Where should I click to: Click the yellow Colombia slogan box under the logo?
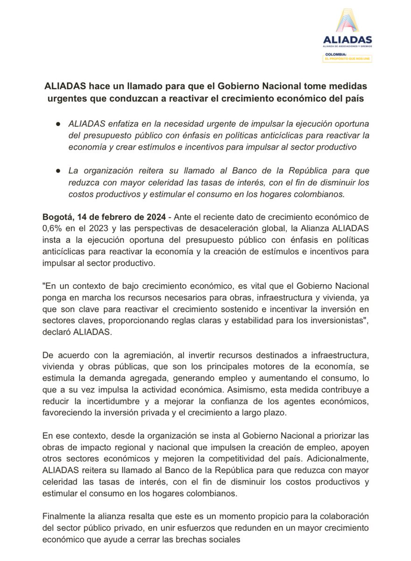pyautogui.click(x=350, y=57)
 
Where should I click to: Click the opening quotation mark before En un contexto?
pyautogui.click(x=44, y=285)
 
